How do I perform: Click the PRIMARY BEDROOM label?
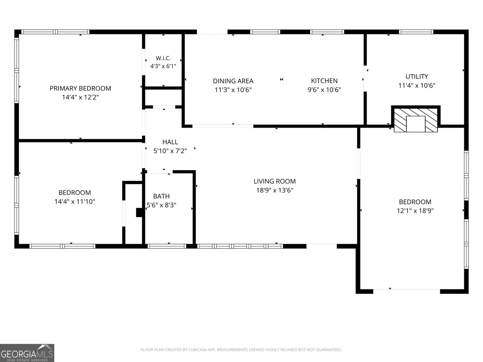(80, 88)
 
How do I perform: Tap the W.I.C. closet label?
(163, 58)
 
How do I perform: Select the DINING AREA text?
(233, 81)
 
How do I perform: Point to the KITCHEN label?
(324, 81)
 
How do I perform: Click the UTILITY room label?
(417, 76)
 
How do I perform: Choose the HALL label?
(170, 142)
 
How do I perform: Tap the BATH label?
(161, 196)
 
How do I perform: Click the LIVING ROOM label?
(274, 181)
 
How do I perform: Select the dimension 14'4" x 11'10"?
(74, 201)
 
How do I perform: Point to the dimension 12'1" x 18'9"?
(415, 211)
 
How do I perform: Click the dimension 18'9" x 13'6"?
(275, 190)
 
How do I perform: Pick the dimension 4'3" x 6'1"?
(163, 66)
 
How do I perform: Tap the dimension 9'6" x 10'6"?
(324, 90)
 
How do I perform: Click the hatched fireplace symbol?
(416, 120)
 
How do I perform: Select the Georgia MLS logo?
(27, 353)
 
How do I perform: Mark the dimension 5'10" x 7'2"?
(170, 151)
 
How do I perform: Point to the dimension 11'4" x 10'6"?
(417, 85)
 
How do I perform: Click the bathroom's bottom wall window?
(167, 246)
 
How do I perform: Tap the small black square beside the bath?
(140, 213)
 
